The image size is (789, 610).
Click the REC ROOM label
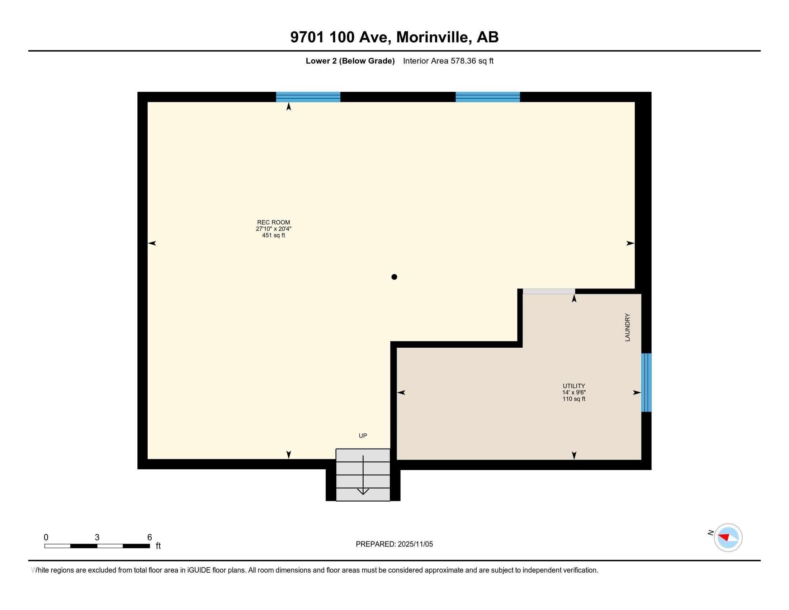274,222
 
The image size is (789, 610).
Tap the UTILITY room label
574,386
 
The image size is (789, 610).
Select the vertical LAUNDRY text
628,327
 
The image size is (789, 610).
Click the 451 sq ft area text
274,235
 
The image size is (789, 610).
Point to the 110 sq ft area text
574,399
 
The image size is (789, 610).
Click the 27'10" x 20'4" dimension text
274,229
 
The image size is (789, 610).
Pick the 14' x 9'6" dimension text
574,393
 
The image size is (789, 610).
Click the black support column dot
394,277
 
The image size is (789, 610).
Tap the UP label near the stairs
363,436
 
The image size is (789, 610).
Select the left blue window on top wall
308,97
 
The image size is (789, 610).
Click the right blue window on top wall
488,97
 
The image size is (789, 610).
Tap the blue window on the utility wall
646,383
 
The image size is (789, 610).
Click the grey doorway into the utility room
549,291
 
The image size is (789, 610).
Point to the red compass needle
724,537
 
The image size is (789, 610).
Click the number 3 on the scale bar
97,538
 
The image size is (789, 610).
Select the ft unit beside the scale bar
158,546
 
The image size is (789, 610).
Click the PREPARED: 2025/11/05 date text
394,544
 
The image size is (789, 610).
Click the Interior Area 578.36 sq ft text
448,61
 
